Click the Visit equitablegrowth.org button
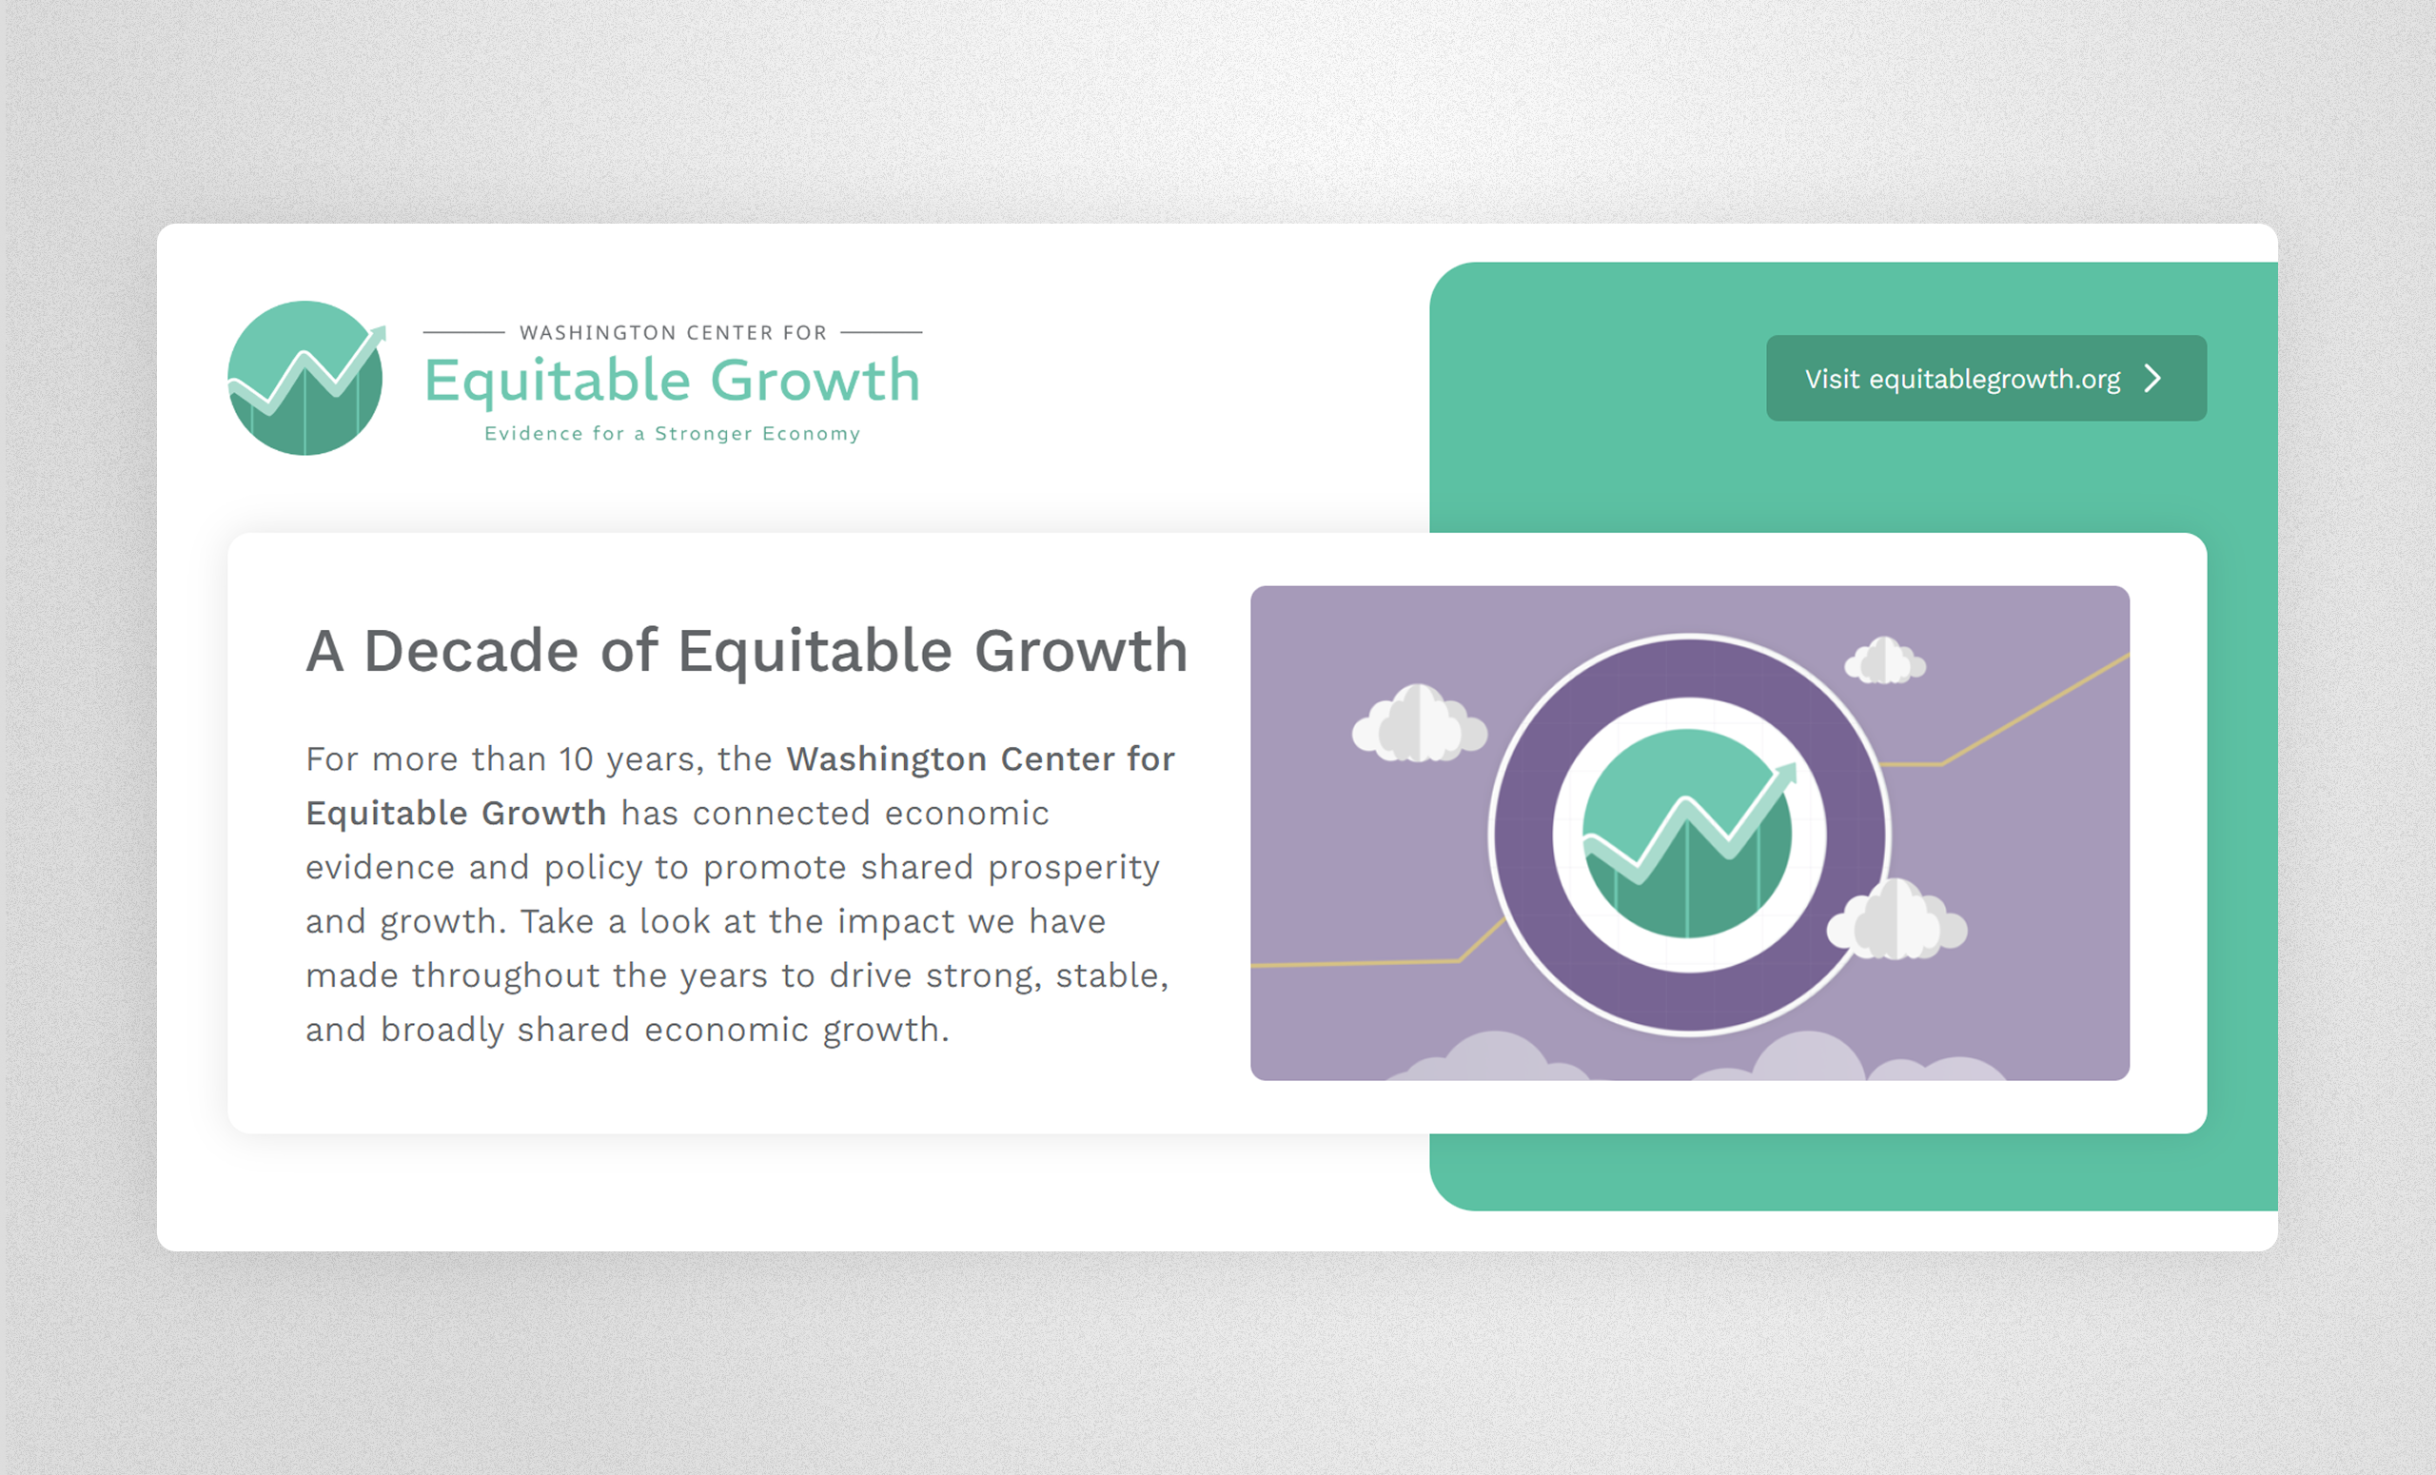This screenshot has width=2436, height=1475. [1986, 378]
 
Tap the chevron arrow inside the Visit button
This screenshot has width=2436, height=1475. [2153, 379]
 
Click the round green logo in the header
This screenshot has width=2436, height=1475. [306, 378]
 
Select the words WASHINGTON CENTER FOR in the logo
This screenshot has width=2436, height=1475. [674, 333]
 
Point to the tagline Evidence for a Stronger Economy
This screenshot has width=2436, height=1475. [672, 434]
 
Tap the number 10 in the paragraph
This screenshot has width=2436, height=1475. [576, 759]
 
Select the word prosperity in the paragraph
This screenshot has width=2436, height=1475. [1073, 869]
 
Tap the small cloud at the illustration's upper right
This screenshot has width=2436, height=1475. [1884, 660]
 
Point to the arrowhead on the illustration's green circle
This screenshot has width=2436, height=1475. [1785, 775]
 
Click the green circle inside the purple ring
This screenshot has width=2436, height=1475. [1688, 834]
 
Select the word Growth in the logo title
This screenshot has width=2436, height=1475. [815, 382]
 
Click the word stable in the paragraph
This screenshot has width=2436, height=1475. [1111, 976]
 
